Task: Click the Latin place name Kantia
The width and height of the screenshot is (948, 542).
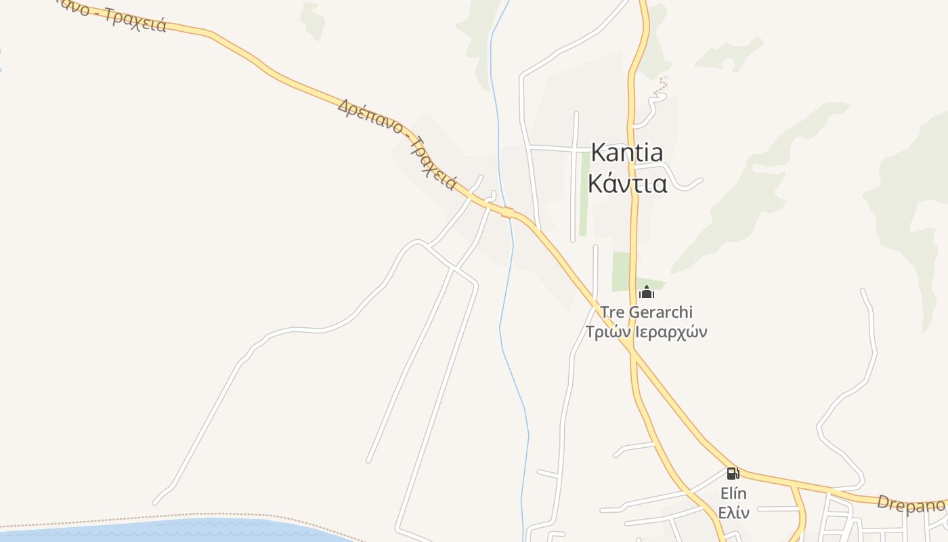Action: pos(626,152)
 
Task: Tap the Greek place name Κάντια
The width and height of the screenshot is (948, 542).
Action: pos(627,183)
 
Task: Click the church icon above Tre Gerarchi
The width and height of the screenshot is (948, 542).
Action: pos(647,293)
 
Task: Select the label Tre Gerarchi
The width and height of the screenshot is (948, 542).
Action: pos(647,312)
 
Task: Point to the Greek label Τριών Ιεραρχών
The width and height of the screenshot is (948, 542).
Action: pos(646,332)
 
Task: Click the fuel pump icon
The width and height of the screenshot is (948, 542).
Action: pos(733,473)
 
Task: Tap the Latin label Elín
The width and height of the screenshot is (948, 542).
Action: pos(733,493)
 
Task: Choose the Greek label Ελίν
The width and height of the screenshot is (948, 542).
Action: pos(733,512)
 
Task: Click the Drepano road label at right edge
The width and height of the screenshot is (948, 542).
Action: pos(911,504)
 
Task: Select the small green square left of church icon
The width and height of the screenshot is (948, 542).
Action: pos(621,271)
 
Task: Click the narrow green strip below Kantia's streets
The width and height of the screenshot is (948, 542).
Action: pos(583,196)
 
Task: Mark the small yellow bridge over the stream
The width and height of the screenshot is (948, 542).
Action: pos(507,212)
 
